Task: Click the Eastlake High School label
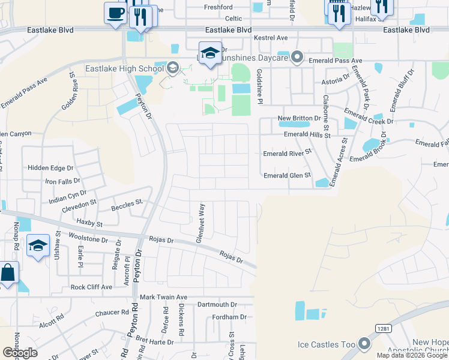125,69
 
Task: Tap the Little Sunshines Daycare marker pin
297,58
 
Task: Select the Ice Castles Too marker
364,344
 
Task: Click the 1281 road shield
384,328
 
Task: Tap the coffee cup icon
115,13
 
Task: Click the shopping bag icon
8,274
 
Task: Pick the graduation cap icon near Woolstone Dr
38,246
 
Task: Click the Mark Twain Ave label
163,297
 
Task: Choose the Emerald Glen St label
287,175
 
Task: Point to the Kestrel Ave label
271,38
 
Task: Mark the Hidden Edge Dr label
50,169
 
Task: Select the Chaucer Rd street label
112,312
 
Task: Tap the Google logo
20,353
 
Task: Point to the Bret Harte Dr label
154,341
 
